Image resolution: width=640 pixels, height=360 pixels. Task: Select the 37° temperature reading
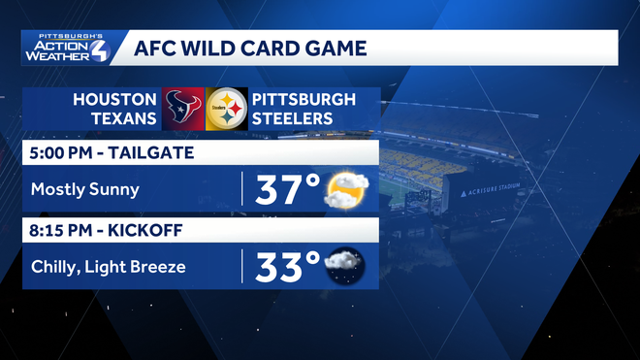point(287,191)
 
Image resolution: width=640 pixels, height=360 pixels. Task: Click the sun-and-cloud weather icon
point(344,191)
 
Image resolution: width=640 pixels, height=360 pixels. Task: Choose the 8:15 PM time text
point(59,230)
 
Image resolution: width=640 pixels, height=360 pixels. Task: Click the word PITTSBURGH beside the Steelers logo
point(304,99)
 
